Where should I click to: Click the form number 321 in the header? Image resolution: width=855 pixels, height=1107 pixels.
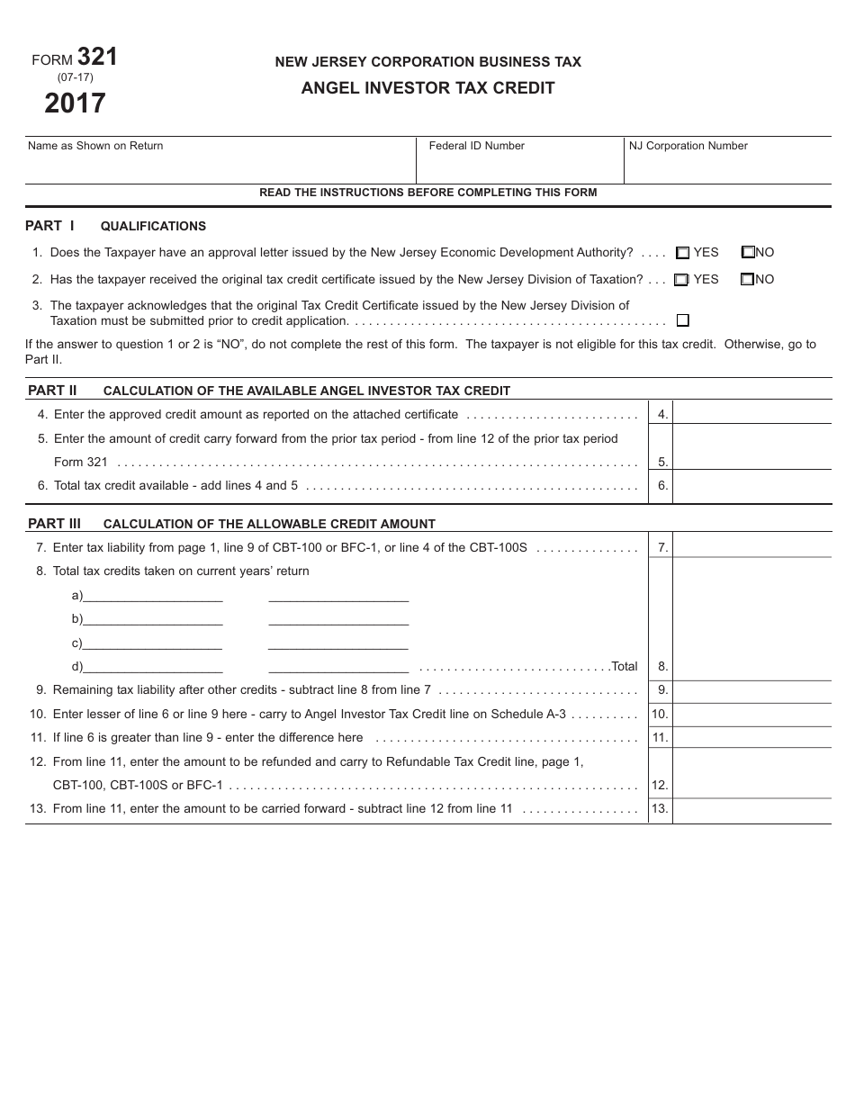click(97, 57)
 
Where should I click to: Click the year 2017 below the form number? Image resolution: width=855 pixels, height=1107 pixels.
click(76, 103)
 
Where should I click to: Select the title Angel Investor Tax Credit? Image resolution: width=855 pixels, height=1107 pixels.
click(427, 88)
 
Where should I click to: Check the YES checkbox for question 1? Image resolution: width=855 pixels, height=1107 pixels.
click(683, 254)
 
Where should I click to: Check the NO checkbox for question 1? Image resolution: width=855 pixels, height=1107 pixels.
click(748, 253)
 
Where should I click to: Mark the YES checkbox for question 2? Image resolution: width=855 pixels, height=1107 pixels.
click(681, 280)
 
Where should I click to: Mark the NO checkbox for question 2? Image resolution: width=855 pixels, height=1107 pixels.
click(747, 280)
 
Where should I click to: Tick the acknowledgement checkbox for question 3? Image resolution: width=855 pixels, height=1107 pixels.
click(683, 320)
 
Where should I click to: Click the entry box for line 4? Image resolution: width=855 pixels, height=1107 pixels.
click(751, 414)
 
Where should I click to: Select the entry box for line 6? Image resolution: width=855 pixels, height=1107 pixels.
click(751, 486)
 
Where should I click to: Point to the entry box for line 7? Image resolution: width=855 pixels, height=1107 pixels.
click(751, 546)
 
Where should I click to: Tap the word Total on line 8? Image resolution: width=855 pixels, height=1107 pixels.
click(624, 667)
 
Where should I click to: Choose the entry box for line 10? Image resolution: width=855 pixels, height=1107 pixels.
click(751, 714)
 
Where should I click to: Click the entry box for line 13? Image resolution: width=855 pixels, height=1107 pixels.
click(751, 808)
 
